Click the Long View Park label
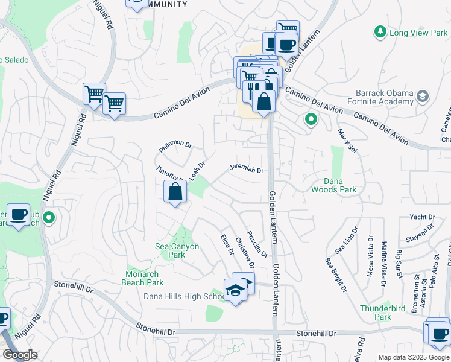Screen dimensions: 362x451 [x=418, y=33]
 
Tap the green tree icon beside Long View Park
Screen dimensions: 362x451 [x=380, y=31]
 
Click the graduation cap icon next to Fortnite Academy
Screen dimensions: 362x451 [x=423, y=95]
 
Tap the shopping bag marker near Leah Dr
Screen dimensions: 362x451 [x=175, y=192]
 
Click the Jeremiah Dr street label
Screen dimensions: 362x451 [x=246, y=170]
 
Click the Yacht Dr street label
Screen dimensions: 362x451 [x=422, y=217]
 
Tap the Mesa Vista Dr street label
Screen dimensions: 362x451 [x=370, y=259]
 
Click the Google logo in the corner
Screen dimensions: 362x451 [x=20, y=355]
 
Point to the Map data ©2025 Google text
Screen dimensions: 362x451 [x=412, y=357]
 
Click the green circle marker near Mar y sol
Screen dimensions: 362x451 [x=311, y=119]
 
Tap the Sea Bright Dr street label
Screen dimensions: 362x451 [x=336, y=275]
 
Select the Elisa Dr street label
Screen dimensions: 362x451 [x=227, y=244]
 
